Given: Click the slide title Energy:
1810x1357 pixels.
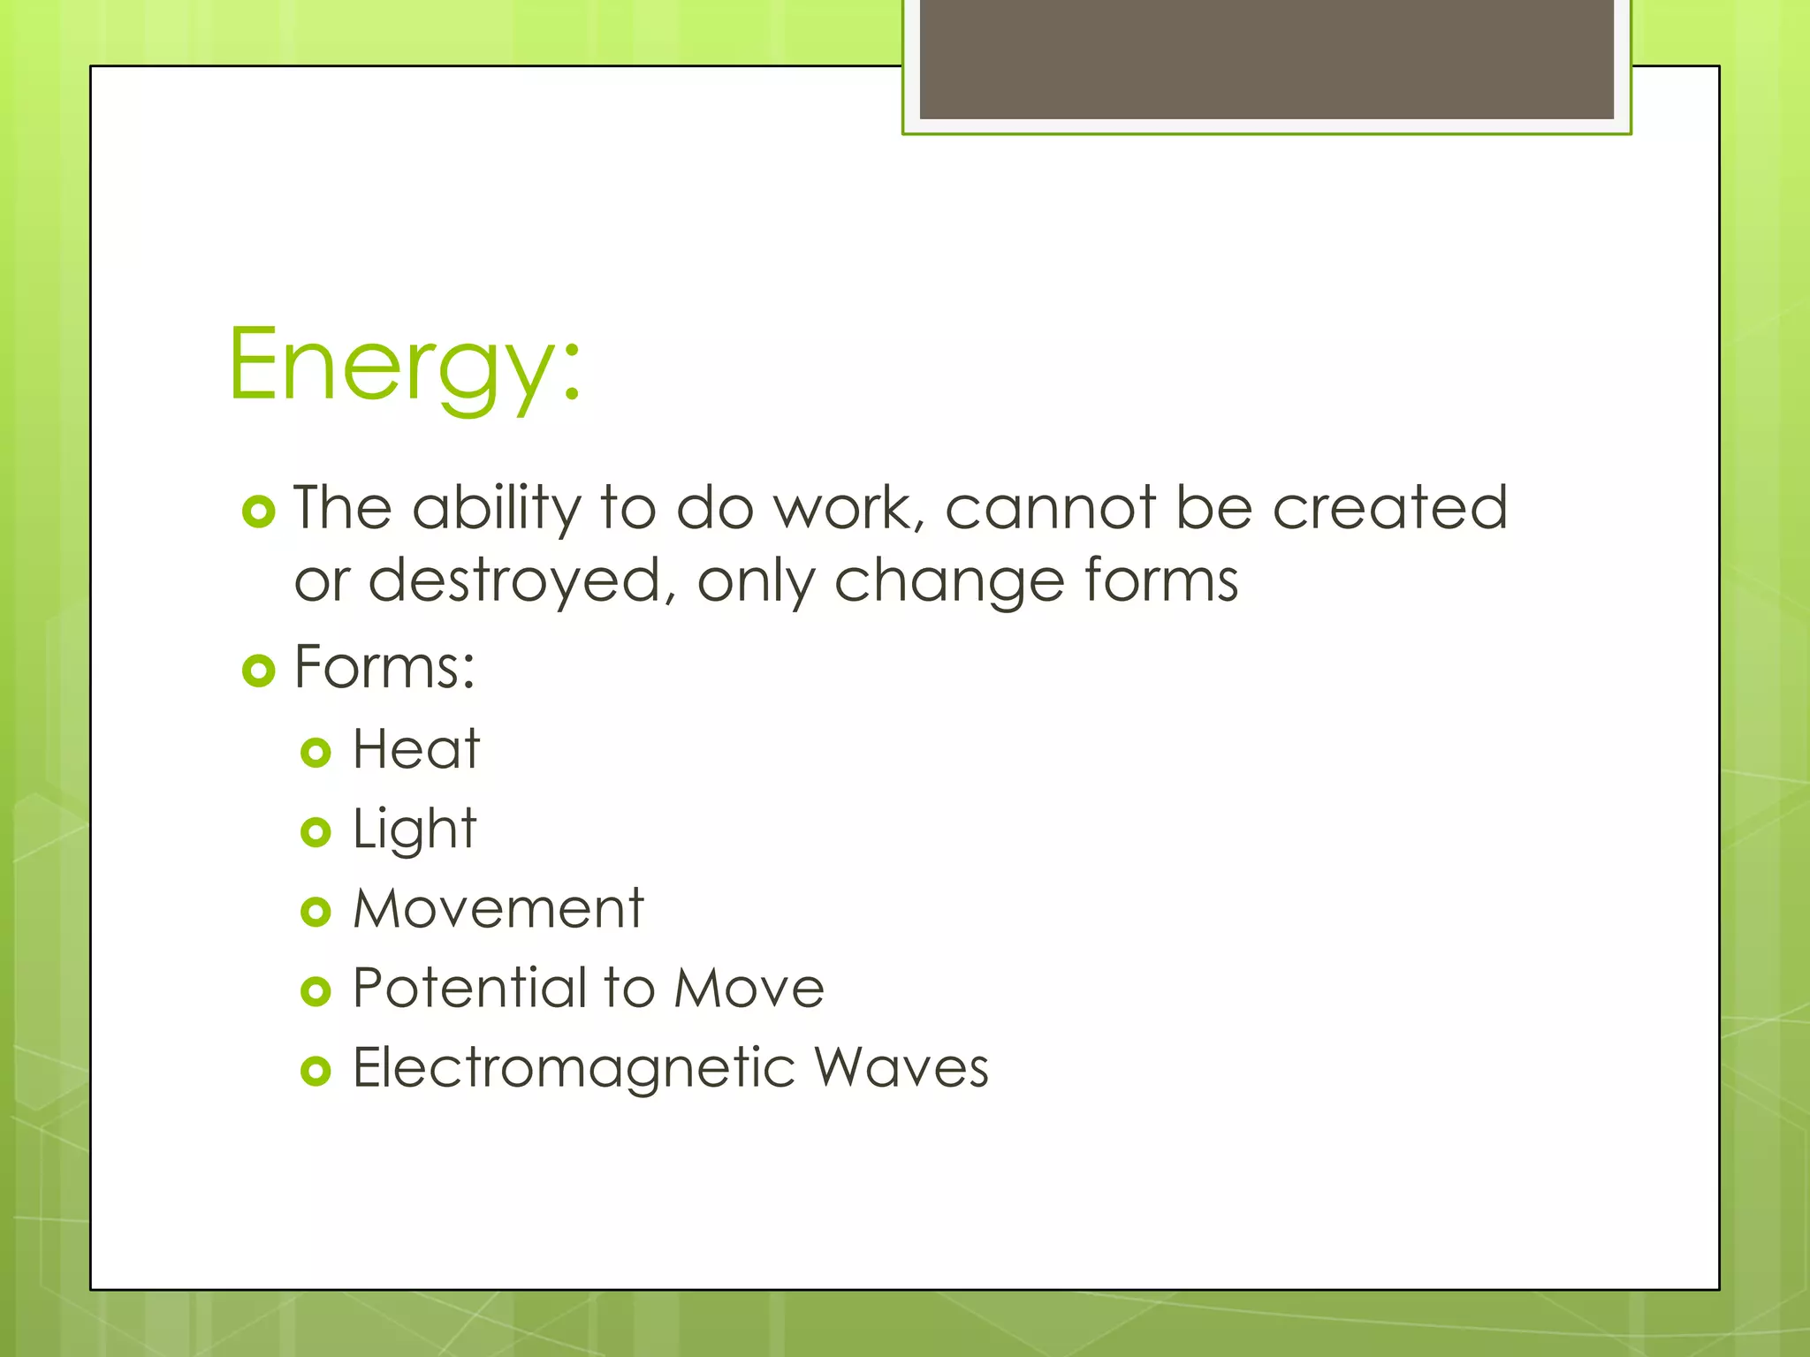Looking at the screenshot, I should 405,364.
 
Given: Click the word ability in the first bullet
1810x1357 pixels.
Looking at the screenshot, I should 497,510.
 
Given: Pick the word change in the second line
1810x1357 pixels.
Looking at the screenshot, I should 949,581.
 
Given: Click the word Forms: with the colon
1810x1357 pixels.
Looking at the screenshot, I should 384,667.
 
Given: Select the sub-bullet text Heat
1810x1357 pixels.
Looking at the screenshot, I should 415,749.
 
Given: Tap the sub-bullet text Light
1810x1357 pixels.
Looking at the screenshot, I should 414,830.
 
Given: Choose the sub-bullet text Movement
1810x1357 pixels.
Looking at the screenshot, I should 498,908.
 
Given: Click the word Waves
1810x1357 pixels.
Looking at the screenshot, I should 901,1068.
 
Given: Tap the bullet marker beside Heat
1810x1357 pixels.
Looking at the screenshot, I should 316,753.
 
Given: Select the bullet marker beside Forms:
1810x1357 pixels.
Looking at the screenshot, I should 259,671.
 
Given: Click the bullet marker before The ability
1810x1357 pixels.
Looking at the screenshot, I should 259,512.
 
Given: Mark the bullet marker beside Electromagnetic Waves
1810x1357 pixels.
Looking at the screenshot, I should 316,1072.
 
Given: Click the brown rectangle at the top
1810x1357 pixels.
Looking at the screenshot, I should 1266,58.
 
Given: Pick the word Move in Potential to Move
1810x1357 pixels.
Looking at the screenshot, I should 749,988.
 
